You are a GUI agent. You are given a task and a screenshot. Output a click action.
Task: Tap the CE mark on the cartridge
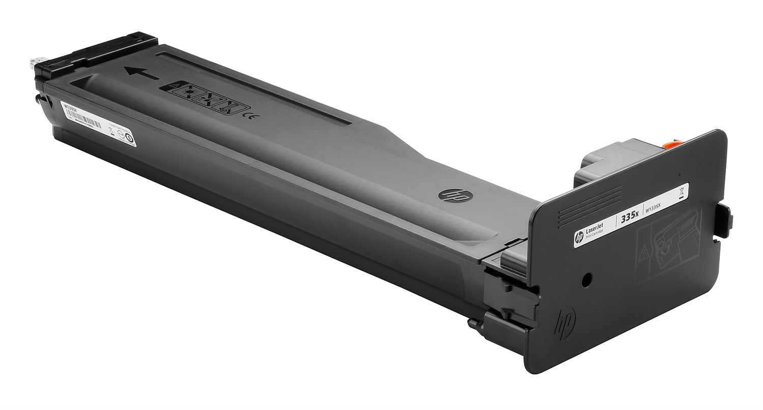tap(250, 119)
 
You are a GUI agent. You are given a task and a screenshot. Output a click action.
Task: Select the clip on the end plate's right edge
tap(727, 219)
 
